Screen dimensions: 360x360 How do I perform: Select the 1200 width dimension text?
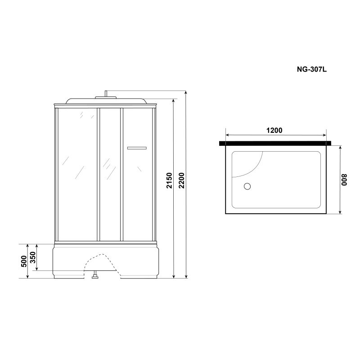274,130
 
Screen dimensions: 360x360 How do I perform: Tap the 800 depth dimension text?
344,180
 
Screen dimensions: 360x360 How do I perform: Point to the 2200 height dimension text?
182,181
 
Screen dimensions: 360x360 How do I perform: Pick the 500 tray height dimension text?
24,261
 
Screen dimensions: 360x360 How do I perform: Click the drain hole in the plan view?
247,186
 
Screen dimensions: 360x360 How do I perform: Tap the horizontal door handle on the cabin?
137,148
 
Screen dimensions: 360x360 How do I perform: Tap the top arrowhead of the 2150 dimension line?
174,102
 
